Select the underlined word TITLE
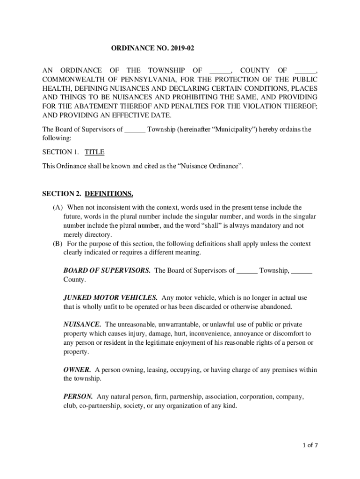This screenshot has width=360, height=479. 94,152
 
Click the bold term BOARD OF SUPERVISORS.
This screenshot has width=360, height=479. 107,270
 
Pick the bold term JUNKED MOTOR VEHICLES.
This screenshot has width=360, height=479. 110,298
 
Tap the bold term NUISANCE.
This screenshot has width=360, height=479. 82,325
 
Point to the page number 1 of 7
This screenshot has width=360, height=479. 310,445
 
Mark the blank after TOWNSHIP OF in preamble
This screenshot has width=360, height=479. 220,71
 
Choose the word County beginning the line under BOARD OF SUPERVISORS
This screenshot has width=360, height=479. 74,279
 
